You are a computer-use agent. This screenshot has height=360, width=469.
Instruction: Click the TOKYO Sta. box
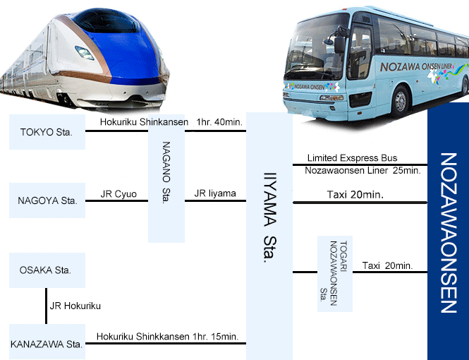tap(47, 132)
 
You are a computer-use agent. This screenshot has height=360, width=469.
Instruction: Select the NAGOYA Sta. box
tap(47, 200)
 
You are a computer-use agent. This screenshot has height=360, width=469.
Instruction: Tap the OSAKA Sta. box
tap(47, 270)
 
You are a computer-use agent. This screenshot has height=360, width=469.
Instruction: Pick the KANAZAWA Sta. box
tap(47, 342)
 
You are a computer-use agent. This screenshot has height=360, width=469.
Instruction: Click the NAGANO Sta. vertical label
tap(166, 173)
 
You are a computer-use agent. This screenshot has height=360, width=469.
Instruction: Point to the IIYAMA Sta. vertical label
tap(270, 217)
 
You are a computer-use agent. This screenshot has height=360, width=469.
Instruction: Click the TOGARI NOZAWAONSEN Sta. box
tap(335, 273)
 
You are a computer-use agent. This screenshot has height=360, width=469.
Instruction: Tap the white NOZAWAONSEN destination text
tap(449, 233)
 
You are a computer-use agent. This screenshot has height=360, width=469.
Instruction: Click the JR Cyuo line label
tap(118, 194)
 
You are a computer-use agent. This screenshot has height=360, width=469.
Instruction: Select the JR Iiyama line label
tap(215, 193)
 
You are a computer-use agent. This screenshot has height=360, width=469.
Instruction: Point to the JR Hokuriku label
tap(75, 306)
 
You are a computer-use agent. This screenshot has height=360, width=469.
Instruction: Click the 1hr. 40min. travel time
tap(219, 122)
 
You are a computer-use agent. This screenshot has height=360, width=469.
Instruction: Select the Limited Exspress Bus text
tap(353, 157)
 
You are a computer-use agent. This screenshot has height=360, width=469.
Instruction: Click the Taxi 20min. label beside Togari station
tap(387, 265)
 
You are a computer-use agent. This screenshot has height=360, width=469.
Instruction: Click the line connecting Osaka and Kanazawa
tap(46, 306)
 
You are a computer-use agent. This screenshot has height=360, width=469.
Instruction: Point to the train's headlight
tap(85, 53)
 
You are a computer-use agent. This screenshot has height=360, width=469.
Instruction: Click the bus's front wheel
tap(401, 102)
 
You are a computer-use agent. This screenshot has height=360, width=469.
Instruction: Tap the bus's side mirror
tap(339, 44)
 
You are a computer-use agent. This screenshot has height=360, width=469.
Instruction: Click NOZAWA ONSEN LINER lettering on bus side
tap(416, 66)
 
